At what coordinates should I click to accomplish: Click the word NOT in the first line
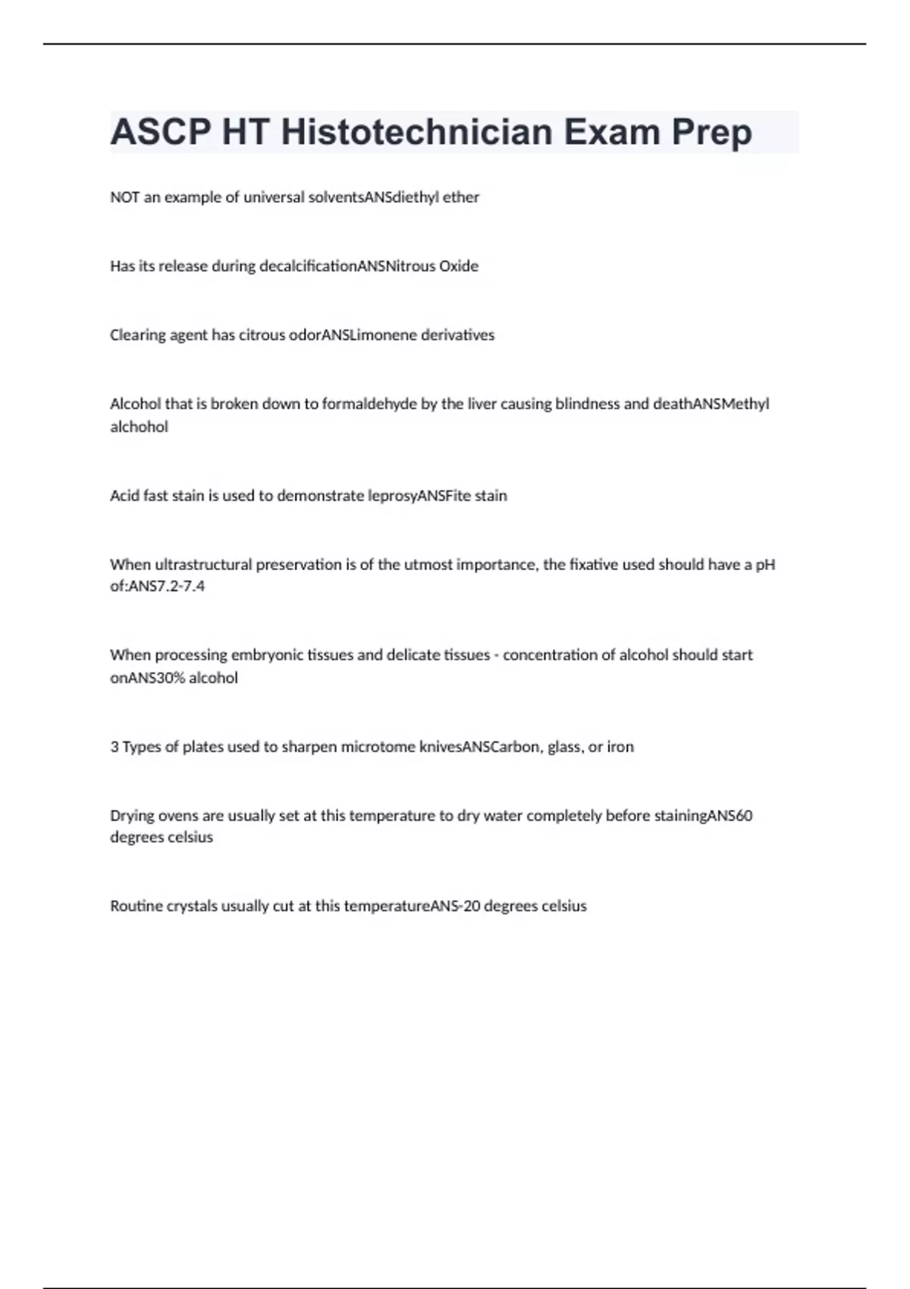coord(124,197)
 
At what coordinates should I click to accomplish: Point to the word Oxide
coord(459,266)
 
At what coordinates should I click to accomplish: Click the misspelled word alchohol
coord(139,427)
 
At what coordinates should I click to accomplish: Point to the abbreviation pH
coord(765,565)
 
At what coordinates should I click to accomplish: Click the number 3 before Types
coord(115,747)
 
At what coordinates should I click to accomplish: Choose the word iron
coord(620,747)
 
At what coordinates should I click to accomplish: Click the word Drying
coord(132,816)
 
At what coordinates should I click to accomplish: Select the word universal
coord(273,197)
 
